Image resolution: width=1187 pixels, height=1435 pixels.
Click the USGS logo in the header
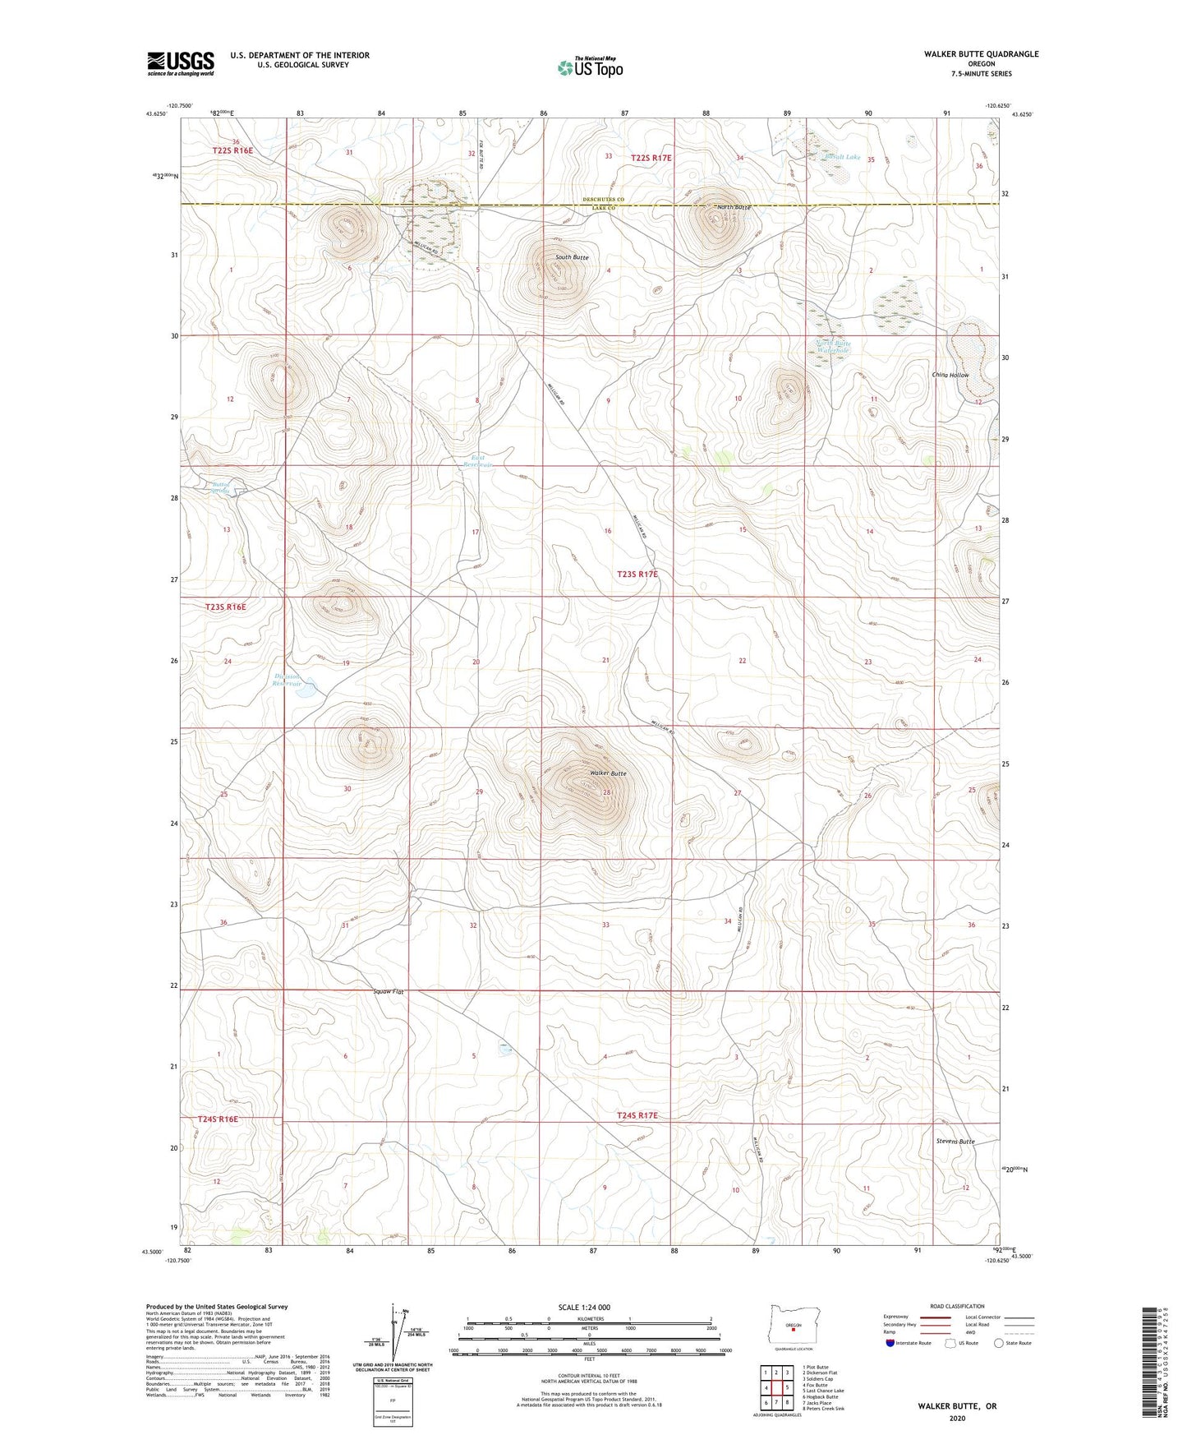click(x=181, y=63)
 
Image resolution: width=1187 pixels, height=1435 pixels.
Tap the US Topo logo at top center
click(x=590, y=67)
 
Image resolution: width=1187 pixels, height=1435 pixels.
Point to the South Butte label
click(x=572, y=257)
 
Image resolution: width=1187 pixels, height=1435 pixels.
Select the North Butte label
click(x=733, y=207)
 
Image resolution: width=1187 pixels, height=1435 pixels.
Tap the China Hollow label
click(x=950, y=375)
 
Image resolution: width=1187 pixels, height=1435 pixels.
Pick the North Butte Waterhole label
click(x=834, y=347)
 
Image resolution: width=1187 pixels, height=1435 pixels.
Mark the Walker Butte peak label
click(x=608, y=773)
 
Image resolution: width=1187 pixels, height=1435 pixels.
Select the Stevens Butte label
click(x=955, y=1142)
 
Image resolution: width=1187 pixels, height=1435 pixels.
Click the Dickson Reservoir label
click(x=288, y=680)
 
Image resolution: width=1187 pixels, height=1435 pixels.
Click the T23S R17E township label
click(x=637, y=574)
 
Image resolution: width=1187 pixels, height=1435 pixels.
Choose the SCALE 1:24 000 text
click(x=584, y=1307)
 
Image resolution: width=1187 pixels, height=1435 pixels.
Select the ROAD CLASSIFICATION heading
click(x=957, y=1306)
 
